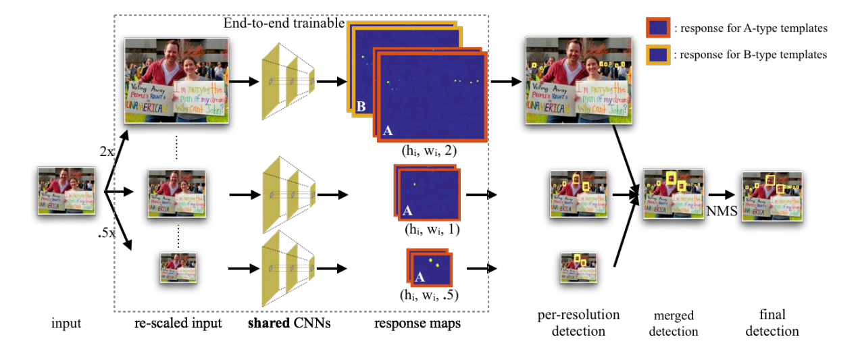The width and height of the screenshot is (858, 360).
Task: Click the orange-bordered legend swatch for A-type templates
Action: tap(658, 28)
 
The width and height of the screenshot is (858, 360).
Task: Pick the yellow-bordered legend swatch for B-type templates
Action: tap(658, 54)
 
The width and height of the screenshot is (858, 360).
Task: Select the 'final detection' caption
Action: tap(772, 324)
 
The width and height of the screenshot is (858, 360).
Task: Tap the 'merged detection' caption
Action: tap(674, 324)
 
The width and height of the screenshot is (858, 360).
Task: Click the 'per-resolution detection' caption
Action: tap(578, 323)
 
